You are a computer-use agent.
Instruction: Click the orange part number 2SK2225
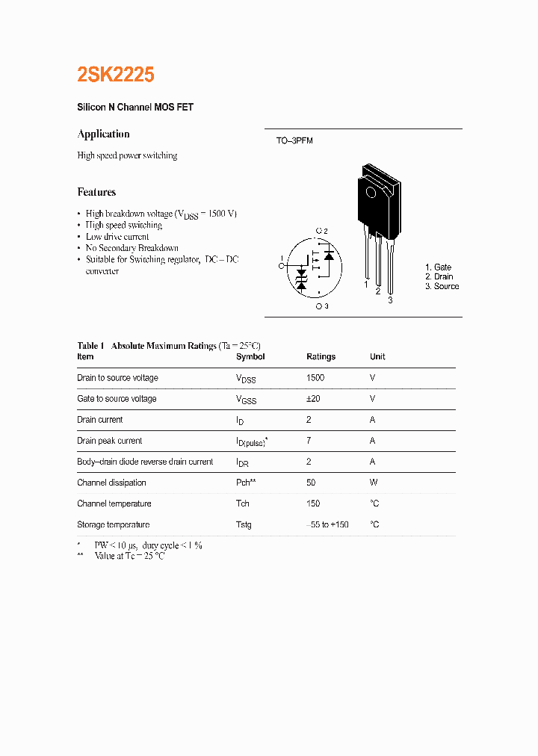tap(116, 75)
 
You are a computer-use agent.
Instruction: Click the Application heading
tap(103, 134)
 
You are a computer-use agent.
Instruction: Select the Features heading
tap(96, 192)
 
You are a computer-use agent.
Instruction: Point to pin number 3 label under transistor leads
tap(390, 300)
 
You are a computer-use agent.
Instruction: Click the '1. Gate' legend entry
tap(438, 267)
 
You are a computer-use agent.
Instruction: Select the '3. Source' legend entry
tap(442, 287)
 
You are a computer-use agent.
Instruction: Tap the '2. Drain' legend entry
tap(439, 277)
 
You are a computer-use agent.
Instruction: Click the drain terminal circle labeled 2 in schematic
tap(318, 231)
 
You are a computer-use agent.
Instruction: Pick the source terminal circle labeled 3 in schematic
tap(318, 306)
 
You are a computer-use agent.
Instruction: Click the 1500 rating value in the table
tap(315, 378)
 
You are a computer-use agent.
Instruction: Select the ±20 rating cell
tap(313, 399)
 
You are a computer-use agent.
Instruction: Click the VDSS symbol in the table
tap(245, 379)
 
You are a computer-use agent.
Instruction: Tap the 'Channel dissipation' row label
tap(111, 483)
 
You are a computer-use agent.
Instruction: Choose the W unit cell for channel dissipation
tap(373, 483)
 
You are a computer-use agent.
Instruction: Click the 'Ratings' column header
tap(321, 357)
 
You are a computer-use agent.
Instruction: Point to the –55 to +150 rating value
tap(327, 524)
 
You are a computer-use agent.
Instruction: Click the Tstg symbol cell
tap(244, 524)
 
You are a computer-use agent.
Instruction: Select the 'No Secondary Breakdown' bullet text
tap(132, 248)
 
